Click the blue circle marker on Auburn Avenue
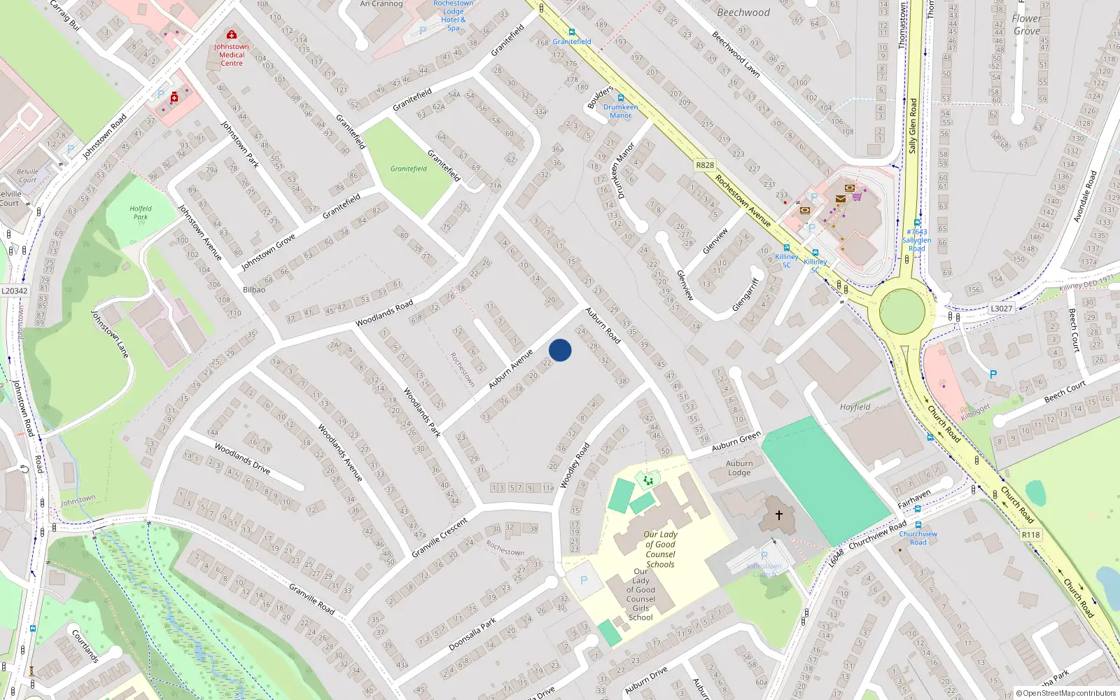coord(560,350)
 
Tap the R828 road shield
coord(705,165)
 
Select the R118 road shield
coord(1030,535)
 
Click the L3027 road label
coord(1001,308)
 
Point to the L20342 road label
coord(14,291)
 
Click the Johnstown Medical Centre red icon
coord(232,34)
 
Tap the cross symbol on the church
coord(778,515)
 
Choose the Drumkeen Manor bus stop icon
coord(620,98)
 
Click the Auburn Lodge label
coord(739,468)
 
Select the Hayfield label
coord(855,407)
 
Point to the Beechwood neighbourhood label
coord(743,13)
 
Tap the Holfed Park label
coord(141,213)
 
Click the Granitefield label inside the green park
coord(409,169)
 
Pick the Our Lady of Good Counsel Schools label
coord(660,549)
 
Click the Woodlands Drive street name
coord(242,458)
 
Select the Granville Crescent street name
coord(440,538)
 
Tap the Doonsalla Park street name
coord(472,634)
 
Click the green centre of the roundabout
coord(902,311)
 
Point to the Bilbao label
coord(254,289)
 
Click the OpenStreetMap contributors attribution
coord(1066,693)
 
